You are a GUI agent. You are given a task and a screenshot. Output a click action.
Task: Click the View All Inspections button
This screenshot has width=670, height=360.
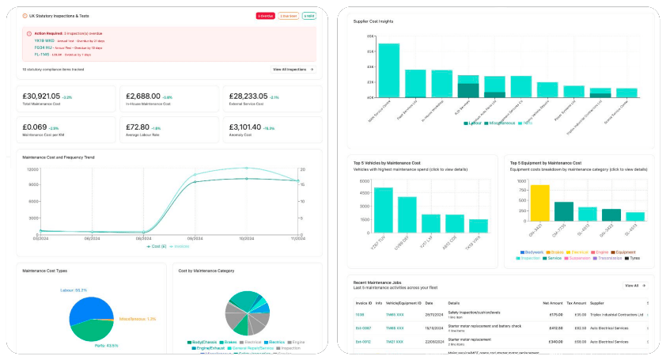(x=293, y=70)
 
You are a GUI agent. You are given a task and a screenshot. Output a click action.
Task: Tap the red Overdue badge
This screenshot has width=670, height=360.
(x=266, y=16)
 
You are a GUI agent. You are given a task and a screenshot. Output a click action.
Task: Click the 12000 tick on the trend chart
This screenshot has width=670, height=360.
(x=32, y=169)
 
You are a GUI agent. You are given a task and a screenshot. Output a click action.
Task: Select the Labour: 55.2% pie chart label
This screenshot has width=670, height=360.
(x=74, y=290)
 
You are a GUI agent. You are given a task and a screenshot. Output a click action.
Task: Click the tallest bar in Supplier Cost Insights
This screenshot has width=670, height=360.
(x=388, y=70)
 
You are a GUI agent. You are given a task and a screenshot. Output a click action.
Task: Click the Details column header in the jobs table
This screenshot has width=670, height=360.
(x=453, y=302)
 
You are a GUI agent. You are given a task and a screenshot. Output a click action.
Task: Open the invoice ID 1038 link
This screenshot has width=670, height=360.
(x=359, y=314)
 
